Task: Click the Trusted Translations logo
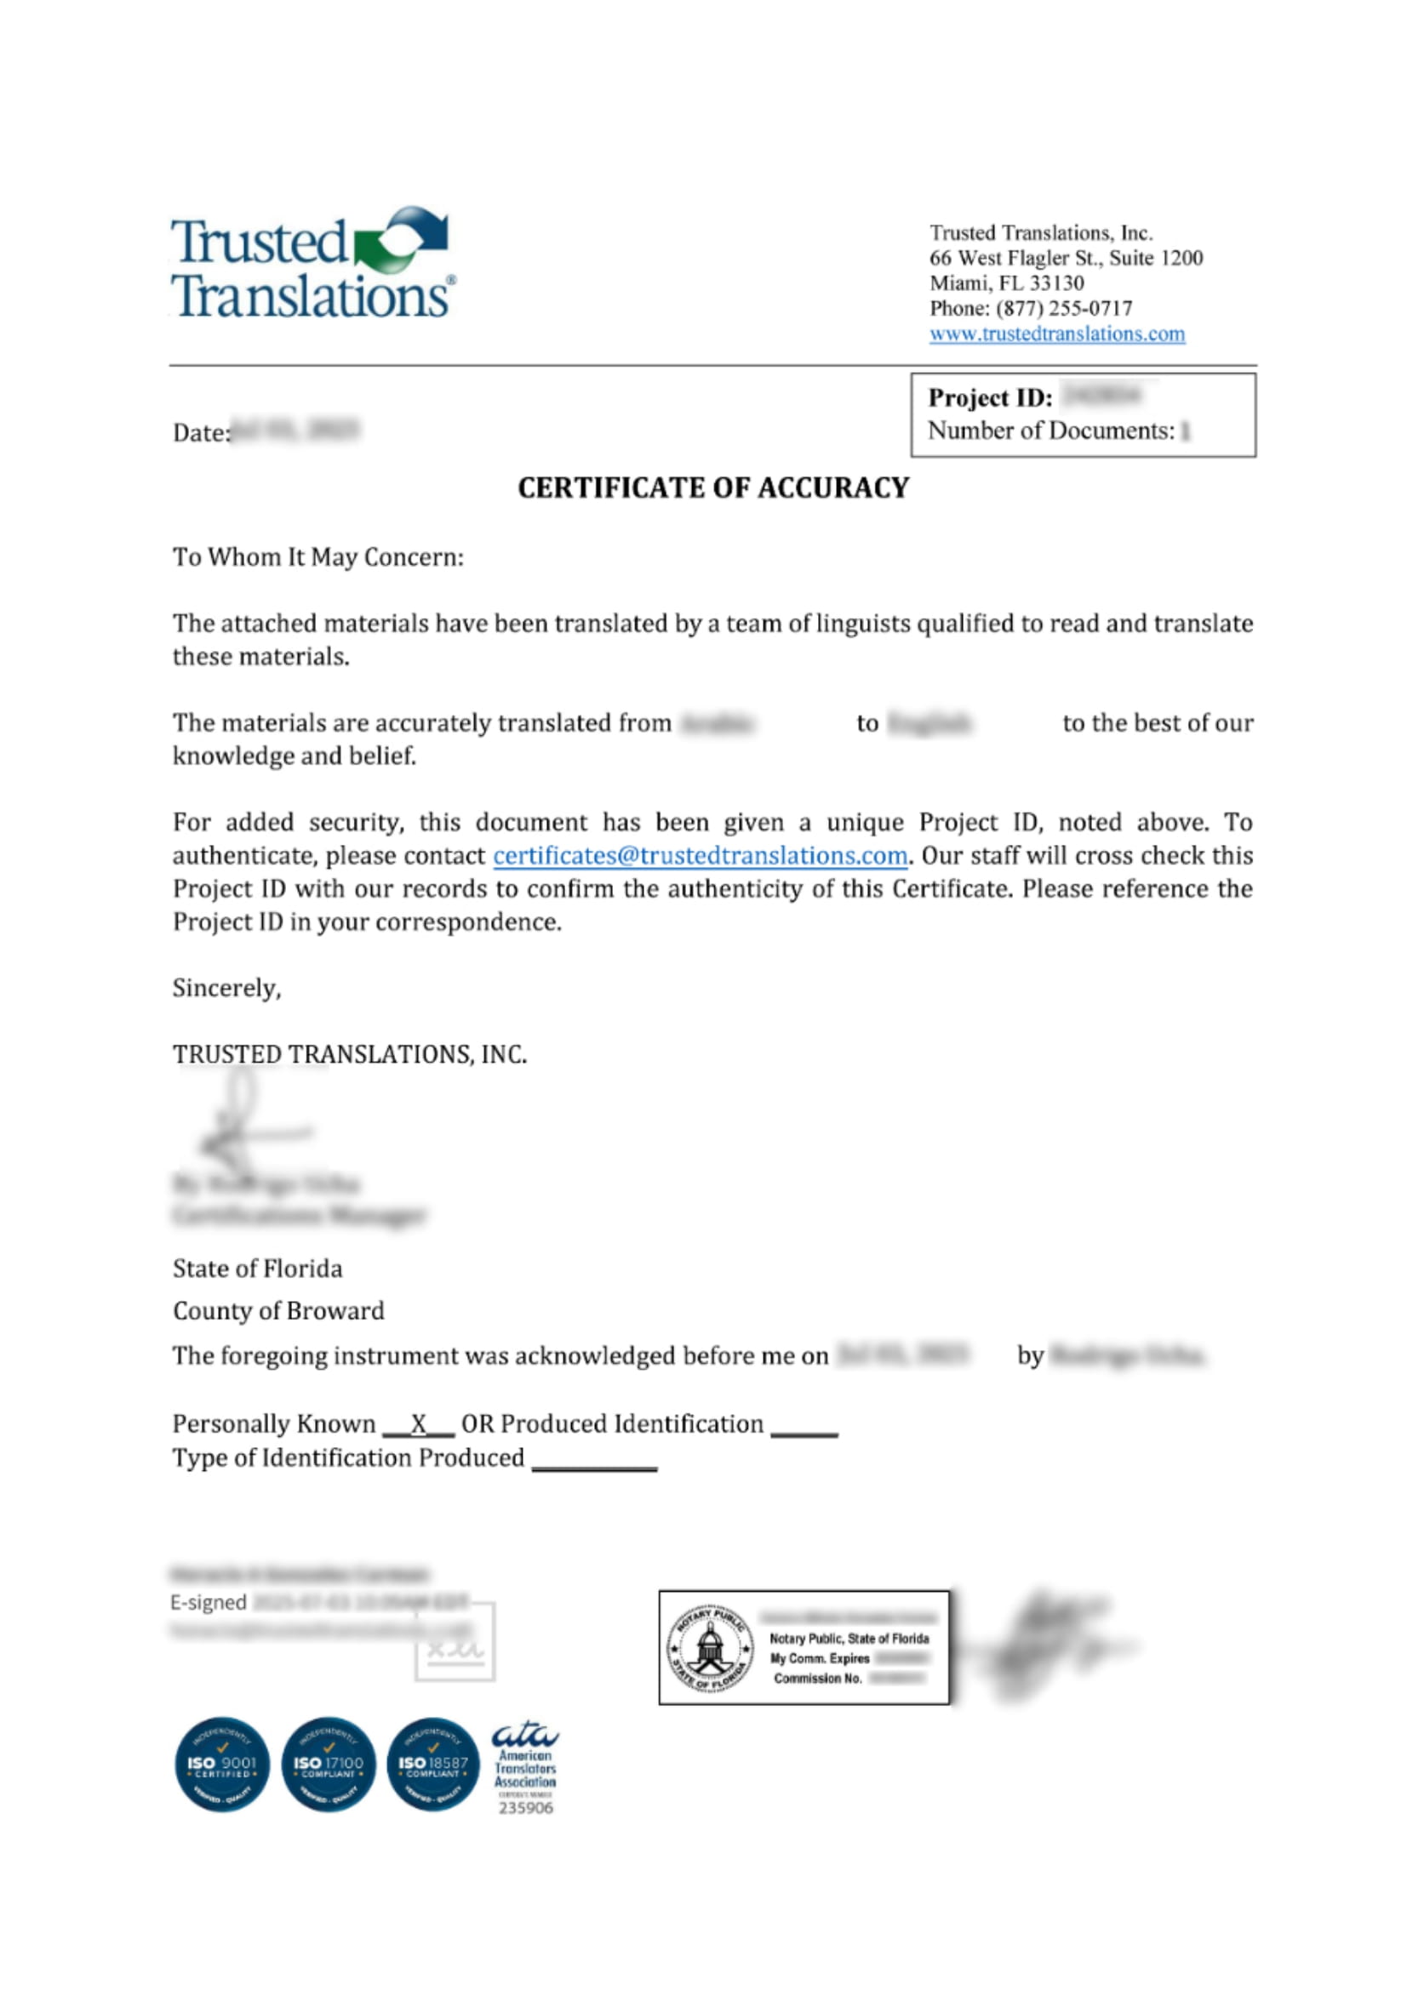(x=312, y=262)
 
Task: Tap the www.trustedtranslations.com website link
(x=1057, y=334)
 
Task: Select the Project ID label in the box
(x=990, y=398)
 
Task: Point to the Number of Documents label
(x=1050, y=431)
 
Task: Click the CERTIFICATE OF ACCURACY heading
(x=712, y=488)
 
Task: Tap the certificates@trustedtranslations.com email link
(x=700, y=855)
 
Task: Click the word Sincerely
(x=226, y=988)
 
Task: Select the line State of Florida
(x=257, y=1269)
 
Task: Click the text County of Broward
(x=278, y=1310)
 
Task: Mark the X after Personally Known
(x=419, y=1424)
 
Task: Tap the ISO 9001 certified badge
(x=222, y=1764)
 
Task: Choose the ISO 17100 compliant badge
(x=328, y=1764)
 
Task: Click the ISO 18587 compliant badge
(x=432, y=1764)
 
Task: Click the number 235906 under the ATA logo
(x=525, y=1808)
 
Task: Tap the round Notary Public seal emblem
(x=709, y=1647)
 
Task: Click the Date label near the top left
(x=201, y=432)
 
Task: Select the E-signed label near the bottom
(x=208, y=1603)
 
